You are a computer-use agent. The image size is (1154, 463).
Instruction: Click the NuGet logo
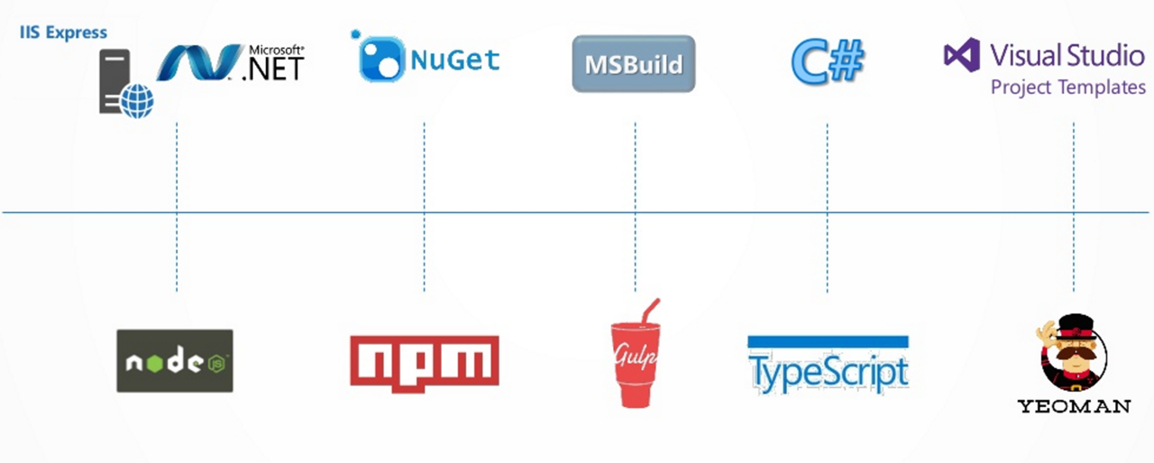pyautogui.click(x=429, y=59)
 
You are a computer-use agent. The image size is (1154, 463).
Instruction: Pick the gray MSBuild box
pyautogui.click(x=634, y=64)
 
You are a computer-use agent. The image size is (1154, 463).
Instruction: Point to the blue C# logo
pyautogui.click(x=828, y=60)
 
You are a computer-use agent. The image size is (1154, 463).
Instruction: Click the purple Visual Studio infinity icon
pyautogui.click(x=962, y=55)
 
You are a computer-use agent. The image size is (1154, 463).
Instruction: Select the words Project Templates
pyautogui.click(x=1068, y=88)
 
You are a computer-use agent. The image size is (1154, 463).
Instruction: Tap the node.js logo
pyautogui.click(x=175, y=361)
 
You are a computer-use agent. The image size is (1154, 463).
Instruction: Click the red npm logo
pyautogui.click(x=424, y=361)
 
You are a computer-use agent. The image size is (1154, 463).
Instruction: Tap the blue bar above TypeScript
pyautogui.click(x=828, y=341)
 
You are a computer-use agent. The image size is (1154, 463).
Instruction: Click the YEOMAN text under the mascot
pyautogui.click(x=1074, y=406)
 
